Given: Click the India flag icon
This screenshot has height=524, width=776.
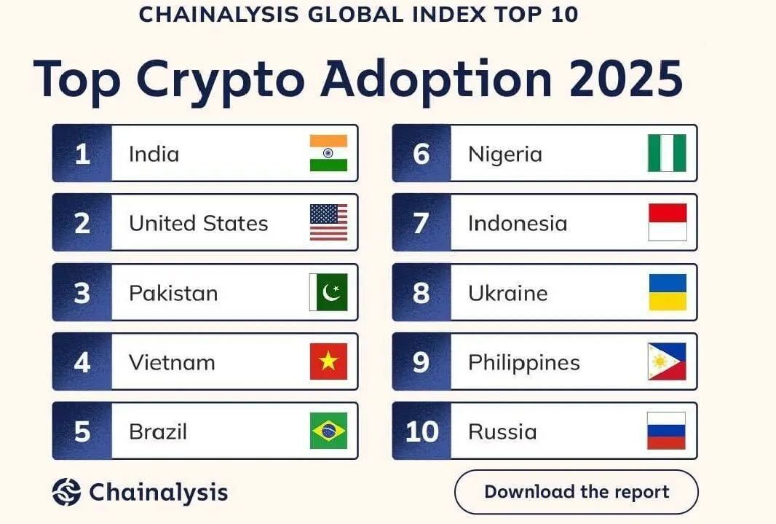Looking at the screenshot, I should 328,153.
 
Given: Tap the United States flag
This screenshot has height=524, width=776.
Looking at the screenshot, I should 328,222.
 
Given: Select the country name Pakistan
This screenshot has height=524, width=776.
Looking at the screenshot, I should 173,293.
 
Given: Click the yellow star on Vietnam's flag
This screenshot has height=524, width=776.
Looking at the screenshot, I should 328,362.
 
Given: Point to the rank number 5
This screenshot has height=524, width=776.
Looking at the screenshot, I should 82,431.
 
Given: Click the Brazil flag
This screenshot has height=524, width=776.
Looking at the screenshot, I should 328,431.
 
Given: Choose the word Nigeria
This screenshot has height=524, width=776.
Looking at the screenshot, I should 504,154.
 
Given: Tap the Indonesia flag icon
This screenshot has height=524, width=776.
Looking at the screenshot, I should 667,222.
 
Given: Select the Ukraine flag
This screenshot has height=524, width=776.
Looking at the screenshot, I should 667,292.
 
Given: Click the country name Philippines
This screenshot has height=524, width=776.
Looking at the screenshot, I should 523,363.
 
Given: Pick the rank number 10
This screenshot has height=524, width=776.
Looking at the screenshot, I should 421,431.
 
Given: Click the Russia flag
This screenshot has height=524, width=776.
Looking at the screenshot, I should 666,431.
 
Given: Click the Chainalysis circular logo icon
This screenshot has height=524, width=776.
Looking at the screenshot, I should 66,492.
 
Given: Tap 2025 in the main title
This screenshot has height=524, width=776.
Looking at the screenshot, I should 625,78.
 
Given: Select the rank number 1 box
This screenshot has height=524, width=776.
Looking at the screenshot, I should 82,154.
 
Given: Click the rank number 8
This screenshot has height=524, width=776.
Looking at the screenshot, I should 421,293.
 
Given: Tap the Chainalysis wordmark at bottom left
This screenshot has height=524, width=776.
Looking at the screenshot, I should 158,492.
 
